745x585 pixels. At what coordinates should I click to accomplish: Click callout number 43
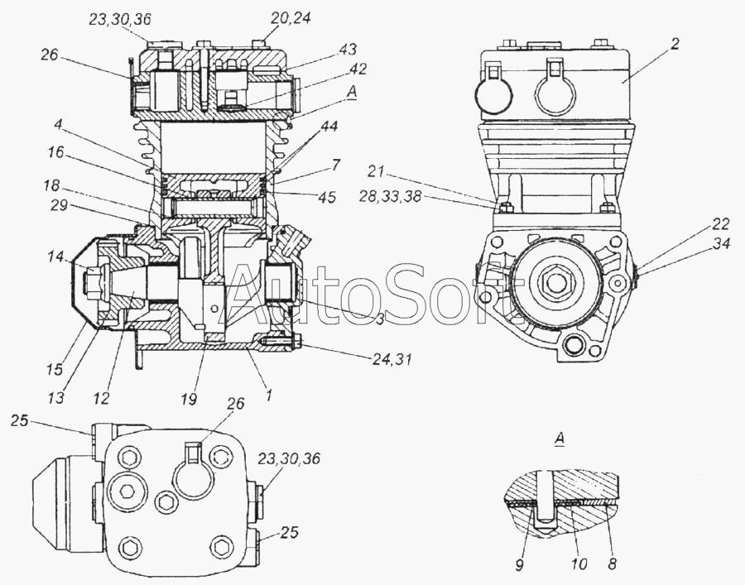[348, 50]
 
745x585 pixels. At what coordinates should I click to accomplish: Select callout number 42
[358, 69]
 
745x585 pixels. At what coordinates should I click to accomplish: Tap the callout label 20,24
[291, 18]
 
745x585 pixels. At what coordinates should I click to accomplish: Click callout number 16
[55, 152]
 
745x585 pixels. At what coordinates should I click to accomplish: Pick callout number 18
[51, 185]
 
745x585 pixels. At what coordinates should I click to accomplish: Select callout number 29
[59, 206]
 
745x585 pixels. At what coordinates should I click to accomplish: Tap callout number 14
[55, 257]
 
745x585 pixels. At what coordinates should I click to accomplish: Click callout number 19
[189, 399]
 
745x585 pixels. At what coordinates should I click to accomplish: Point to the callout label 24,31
[392, 359]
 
